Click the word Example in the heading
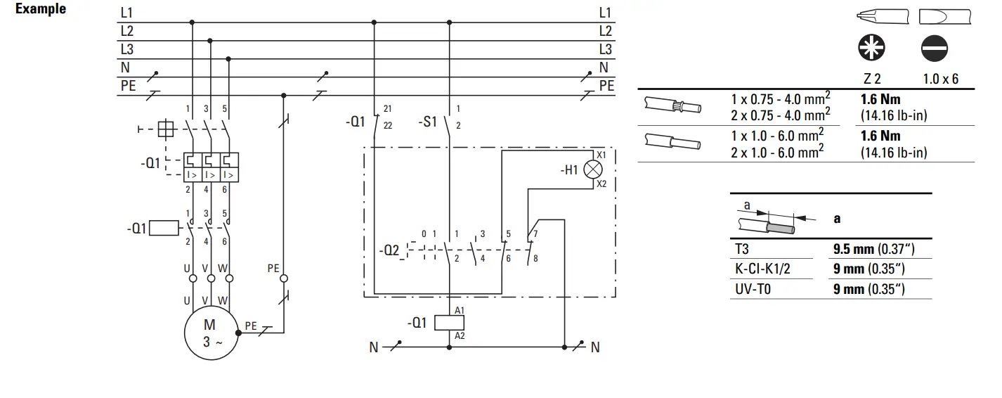[41, 9]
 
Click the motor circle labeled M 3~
[210, 333]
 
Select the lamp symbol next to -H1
[594, 169]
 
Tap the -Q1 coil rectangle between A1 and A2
[448, 323]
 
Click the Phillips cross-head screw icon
[872, 49]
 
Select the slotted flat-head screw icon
[933, 49]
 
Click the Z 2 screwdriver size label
[872, 79]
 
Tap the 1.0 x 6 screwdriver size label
[940, 79]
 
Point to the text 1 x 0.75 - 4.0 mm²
[781, 99]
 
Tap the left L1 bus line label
[127, 12]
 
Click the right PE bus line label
[606, 86]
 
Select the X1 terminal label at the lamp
[601, 154]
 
